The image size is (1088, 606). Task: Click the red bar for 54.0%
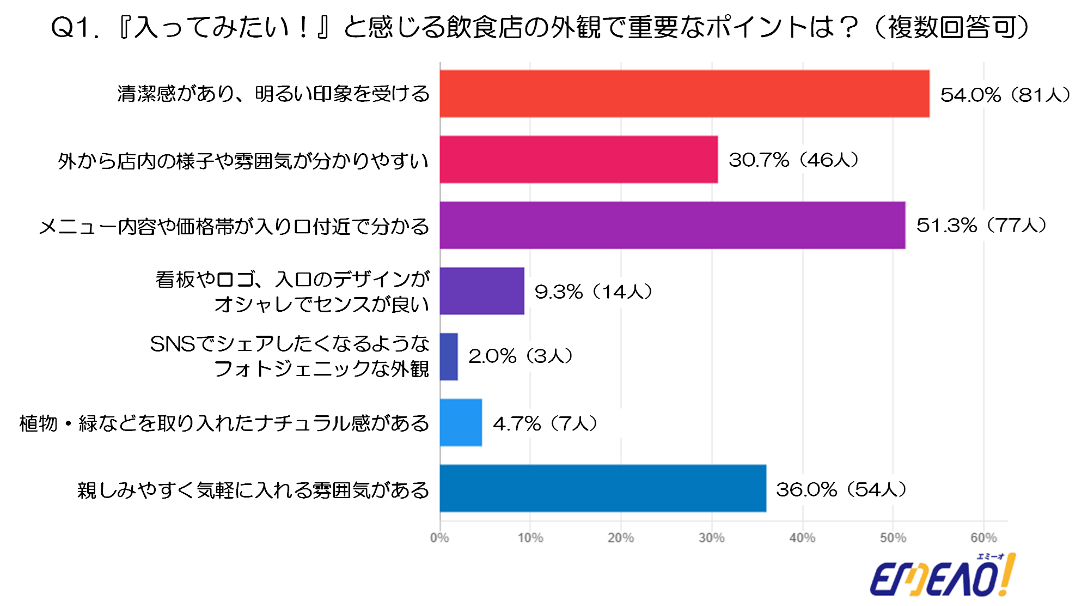[684, 94]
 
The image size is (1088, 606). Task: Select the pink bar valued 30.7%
[578, 160]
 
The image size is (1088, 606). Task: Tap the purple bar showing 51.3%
[673, 226]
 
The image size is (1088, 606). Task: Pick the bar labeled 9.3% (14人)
[482, 291]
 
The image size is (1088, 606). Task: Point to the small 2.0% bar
[449, 357]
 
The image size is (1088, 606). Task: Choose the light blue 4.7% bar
[461, 423]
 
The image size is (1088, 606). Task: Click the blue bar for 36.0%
[603, 488]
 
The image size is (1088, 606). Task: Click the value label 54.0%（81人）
[1005, 95]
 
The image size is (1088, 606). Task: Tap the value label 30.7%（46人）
[793, 160]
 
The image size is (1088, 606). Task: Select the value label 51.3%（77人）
[981, 226]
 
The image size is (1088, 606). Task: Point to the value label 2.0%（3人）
[521, 356]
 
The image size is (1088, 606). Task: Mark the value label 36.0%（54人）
[841, 489]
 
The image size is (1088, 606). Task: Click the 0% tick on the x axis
[439, 538]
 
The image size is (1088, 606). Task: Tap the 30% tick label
[712, 538]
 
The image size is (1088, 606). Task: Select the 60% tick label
[983, 538]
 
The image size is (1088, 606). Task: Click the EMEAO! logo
[942, 577]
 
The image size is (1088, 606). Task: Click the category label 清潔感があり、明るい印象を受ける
[273, 94]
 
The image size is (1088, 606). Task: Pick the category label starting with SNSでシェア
[290, 356]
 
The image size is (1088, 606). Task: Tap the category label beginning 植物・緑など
[224, 423]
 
